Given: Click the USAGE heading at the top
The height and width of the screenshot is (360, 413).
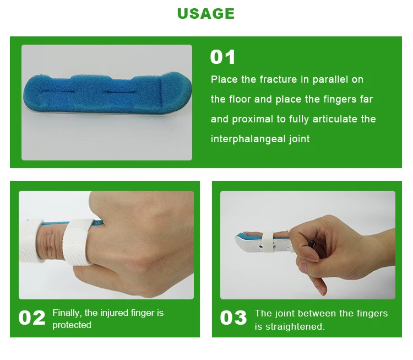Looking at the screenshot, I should click(x=206, y=14).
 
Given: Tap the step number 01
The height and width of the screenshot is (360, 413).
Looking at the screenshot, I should click(x=222, y=57).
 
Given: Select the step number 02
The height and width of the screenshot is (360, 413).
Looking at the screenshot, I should click(x=32, y=318).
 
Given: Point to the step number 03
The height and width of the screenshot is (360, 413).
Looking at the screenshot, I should click(x=233, y=318).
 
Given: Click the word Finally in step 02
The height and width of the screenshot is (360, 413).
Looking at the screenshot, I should click(x=66, y=313).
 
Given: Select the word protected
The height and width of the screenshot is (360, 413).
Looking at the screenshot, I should click(x=72, y=325).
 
